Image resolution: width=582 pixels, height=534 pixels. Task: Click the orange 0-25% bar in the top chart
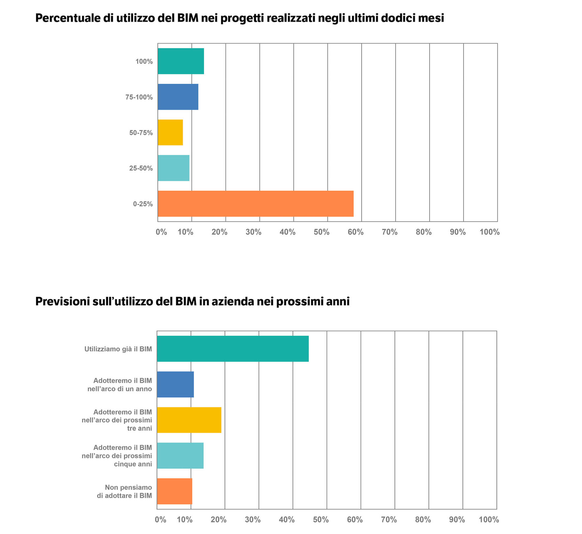click(x=256, y=204)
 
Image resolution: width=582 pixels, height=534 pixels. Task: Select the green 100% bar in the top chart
click(x=181, y=61)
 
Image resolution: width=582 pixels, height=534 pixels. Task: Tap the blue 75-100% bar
click(x=178, y=97)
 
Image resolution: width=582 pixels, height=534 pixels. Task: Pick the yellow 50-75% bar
click(x=170, y=132)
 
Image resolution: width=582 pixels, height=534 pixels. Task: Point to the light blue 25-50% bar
click(x=174, y=168)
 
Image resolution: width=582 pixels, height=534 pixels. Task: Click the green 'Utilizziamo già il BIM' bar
click(x=233, y=349)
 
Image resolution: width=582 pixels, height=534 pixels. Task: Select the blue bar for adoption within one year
click(x=175, y=384)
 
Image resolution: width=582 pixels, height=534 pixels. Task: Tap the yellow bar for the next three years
click(x=189, y=420)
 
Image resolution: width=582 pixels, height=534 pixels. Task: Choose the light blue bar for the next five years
click(x=180, y=456)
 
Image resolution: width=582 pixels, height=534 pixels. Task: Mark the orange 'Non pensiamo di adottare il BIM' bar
click(x=174, y=491)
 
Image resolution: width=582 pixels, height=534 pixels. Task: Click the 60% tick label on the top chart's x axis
click(x=355, y=232)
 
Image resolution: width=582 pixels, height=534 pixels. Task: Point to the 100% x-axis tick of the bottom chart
click(x=489, y=520)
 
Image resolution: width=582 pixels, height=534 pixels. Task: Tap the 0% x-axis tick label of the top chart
click(x=161, y=232)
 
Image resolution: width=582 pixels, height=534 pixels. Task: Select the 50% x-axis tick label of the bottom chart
click(x=321, y=520)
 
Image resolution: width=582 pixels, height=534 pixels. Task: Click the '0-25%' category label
click(x=143, y=204)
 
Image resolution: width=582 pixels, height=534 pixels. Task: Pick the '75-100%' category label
click(x=139, y=97)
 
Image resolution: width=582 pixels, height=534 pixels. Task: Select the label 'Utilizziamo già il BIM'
click(x=118, y=349)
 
